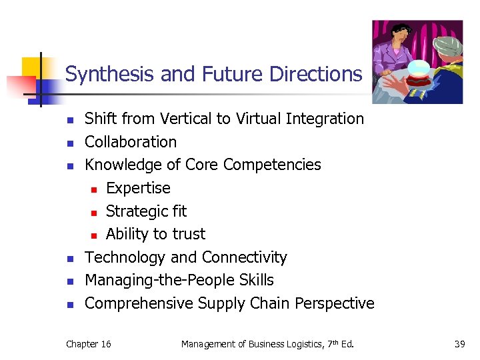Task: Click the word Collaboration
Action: [x=131, y=142]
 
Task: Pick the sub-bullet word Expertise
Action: [x=138, y=188]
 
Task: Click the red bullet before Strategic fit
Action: [x=95, y=212]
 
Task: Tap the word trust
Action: [x=189, y=234]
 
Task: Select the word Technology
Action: [x=125, y=257]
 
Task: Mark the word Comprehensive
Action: [x=139, y=303]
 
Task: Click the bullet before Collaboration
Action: [x=71, y=143]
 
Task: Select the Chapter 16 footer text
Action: [x=89, y=344]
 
